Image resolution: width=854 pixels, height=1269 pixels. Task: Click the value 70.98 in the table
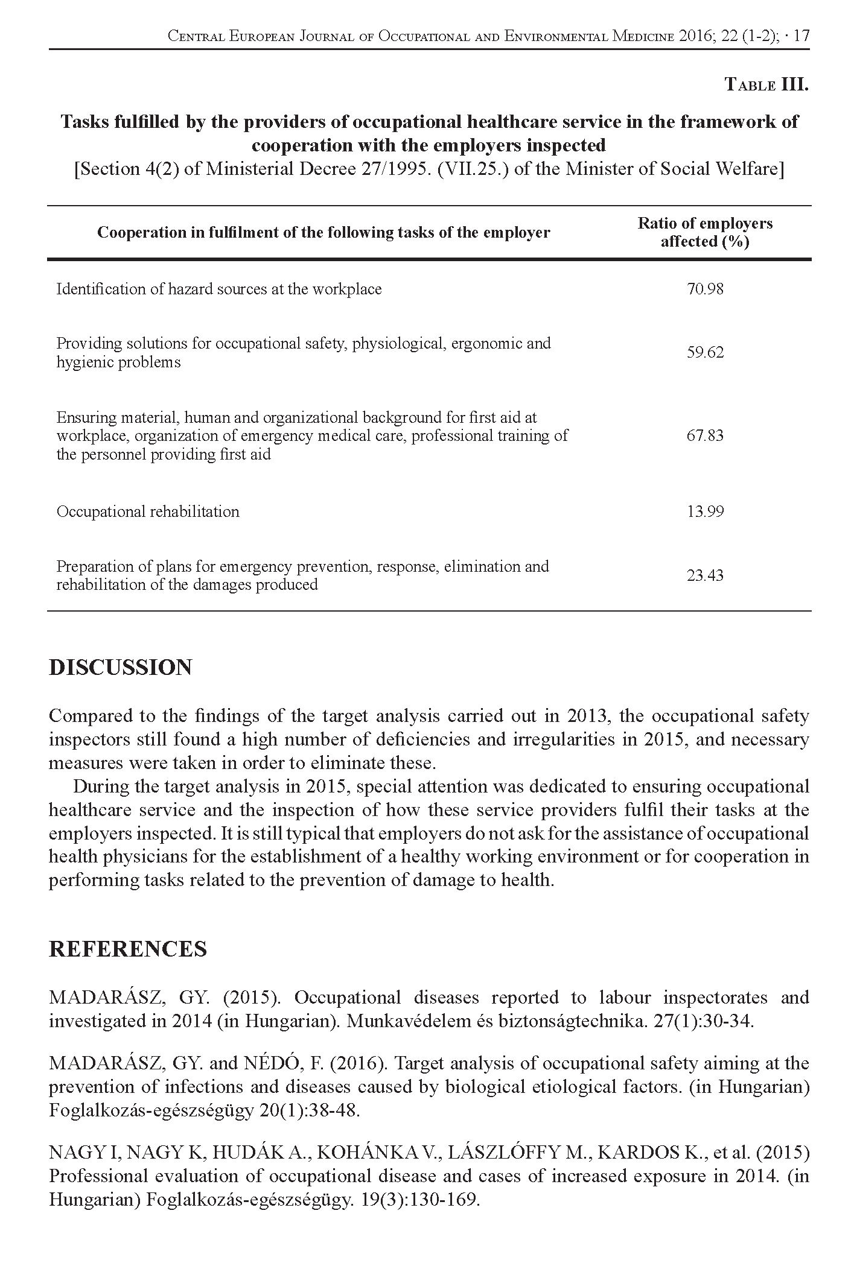click(x=704, y=290)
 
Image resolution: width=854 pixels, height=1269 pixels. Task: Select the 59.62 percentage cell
click(x=704, y=353)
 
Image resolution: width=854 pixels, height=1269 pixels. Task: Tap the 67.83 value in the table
click(x=704, y=435)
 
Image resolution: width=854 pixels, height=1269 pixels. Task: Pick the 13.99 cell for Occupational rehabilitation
click(x=704, y=512)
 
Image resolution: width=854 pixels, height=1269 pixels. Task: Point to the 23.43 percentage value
click(x=704, y=575)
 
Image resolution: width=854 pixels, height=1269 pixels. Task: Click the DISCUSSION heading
click(x=121, y=668)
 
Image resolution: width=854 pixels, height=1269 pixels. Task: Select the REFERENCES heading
click(x=127, y=949)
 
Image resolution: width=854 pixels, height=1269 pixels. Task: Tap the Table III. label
click(x=766, y=84)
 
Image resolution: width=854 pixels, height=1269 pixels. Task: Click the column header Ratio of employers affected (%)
click(x=705, y=232)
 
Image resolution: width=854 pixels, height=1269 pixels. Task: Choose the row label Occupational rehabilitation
click(x=148, y=512)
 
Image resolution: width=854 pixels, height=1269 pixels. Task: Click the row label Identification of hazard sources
click(x=218, y=290)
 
